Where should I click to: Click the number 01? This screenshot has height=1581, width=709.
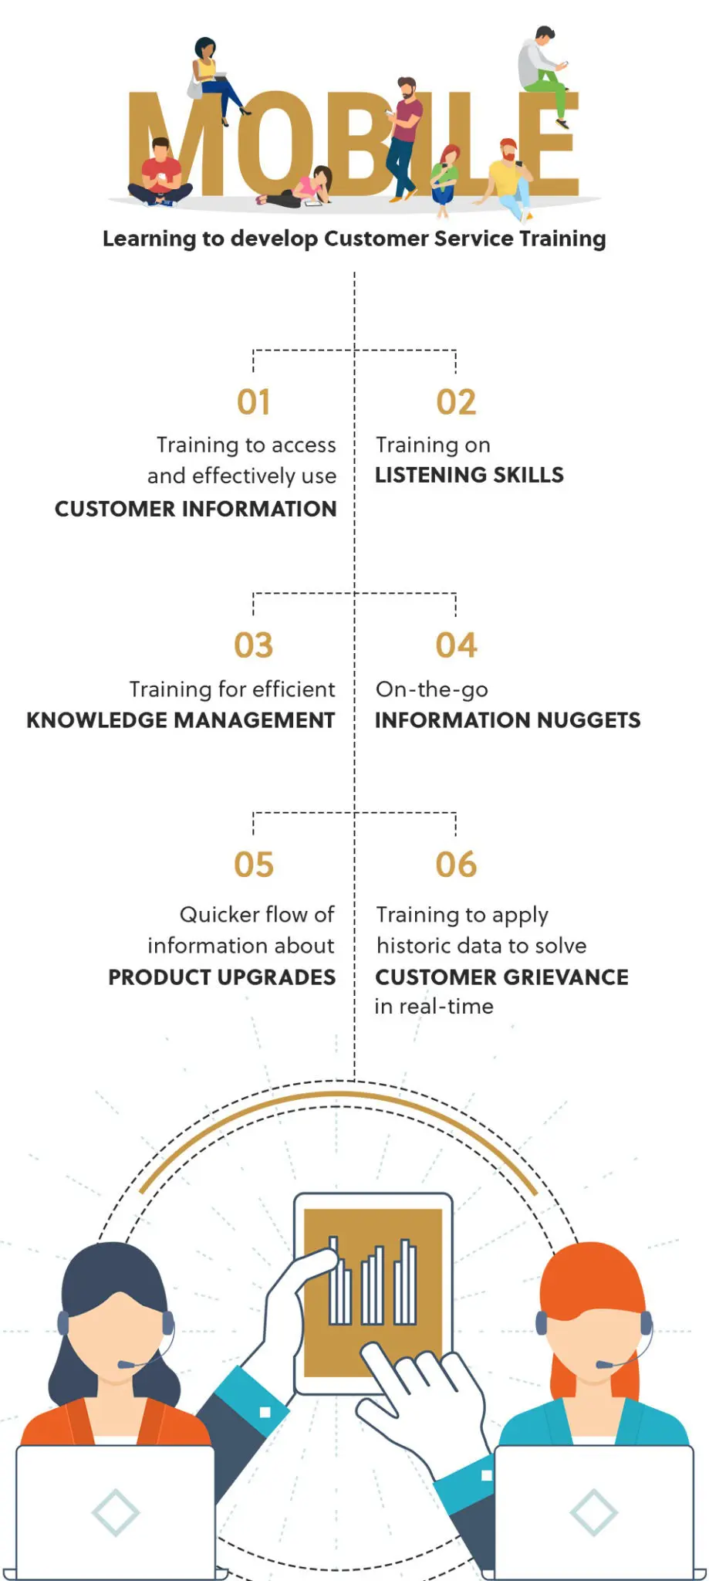click(254, 402)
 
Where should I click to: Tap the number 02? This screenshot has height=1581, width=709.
click(456, 402)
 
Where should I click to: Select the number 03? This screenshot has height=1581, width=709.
click(254, 645)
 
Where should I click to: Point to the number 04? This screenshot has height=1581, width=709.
click(456, 645)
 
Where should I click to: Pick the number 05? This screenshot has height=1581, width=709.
click(254, 865)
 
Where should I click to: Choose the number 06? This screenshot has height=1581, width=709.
click(456, 865)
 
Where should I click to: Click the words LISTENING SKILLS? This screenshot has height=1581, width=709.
click(469, 475)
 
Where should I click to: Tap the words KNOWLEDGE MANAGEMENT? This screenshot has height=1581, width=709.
click(181, 720)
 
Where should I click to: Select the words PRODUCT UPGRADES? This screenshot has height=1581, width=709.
click(221, 977)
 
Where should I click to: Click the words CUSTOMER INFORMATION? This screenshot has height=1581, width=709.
click(195, 509)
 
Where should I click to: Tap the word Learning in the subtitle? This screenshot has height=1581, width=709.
click(149, 239)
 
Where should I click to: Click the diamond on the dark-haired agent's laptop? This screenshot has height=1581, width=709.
click(115, 1512)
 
